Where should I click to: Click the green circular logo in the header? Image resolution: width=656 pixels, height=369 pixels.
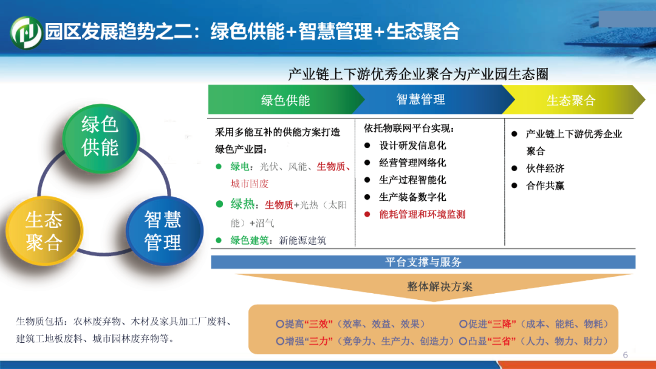click(26, 32)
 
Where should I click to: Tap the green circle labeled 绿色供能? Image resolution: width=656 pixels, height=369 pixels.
click(101, 138)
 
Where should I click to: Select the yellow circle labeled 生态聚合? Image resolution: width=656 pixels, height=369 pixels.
click(44, 231)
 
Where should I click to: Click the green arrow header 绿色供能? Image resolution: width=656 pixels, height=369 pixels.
click(285, 100)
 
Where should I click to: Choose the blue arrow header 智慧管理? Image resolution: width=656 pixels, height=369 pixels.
click(420, 100)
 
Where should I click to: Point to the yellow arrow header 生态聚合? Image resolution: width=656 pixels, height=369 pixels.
click(571, 100)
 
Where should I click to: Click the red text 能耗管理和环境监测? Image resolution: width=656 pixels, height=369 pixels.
click(422, 214)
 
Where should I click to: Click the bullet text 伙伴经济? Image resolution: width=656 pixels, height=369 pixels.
click(545, 168)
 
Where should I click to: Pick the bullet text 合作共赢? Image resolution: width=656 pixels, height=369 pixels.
click(545, 186)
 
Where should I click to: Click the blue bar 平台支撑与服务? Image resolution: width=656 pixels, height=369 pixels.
click(423, 262)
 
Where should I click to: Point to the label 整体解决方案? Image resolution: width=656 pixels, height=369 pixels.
click(440, 286)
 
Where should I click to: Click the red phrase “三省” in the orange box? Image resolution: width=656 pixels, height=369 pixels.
click(501, 341)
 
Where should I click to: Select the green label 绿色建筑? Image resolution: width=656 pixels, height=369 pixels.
click(250, 240)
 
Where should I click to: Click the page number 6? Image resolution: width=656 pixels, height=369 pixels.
click(626, 355)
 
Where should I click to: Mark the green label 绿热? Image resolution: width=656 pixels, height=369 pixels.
click(242, 205)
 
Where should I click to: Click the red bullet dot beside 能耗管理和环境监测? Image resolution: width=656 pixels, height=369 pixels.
click(367, 214)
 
